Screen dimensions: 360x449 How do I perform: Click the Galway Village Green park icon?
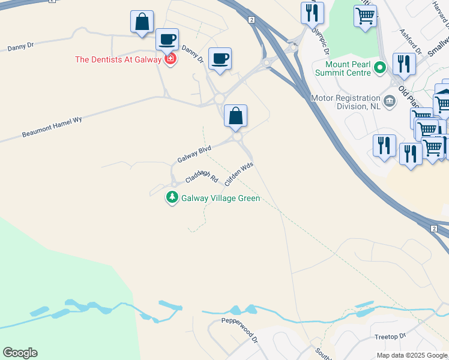[x=172, y=197]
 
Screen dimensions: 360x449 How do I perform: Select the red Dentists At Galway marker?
[x=170, y=59]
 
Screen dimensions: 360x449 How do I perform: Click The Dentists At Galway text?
[x=118, y=59]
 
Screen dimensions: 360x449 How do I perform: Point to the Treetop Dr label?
[x=390, y=337]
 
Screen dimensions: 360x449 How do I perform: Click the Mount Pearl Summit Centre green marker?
[x=379, y=67]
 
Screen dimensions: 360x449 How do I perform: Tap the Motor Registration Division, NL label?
[x=345, y=102]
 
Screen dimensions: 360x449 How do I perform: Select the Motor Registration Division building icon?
[x=390, y=100]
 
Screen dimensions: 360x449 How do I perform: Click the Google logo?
[x=20, y=353]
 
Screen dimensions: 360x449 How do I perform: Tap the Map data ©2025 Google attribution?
[x=411, y=355]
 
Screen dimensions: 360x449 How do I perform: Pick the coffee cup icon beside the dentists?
[x=167, y=40]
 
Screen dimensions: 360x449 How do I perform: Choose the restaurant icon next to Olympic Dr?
[x=312, y=12]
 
